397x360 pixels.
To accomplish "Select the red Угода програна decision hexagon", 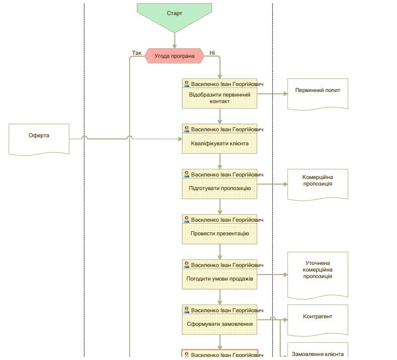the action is [174, 56].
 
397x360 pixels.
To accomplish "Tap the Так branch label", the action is [137, 53].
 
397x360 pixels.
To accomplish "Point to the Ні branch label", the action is [212, 53].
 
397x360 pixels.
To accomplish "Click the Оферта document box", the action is [39, 139].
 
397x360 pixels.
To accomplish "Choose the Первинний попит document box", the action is [318, 94].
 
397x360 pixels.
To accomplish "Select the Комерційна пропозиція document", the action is [318, 185].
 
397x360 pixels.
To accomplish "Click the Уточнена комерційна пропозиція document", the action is [318, 275].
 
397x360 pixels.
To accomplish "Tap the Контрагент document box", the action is [318, 320].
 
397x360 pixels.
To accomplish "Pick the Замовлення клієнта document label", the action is [318, 354].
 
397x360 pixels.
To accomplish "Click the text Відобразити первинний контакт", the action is [220, 98].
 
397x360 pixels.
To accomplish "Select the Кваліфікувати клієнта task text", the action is [220, 143].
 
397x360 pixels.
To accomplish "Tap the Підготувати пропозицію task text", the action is [220, 188].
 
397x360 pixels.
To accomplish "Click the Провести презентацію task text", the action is [220, 233].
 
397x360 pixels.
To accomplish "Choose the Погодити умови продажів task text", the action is [220, 279].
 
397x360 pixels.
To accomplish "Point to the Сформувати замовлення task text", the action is [220, 324].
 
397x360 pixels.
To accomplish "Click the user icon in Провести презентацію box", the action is [186, 219].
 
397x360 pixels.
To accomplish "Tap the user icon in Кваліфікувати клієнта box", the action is [186, 129].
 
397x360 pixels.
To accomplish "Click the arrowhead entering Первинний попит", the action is [285, 94].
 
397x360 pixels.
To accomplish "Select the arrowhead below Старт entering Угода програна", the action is [174, 46].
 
